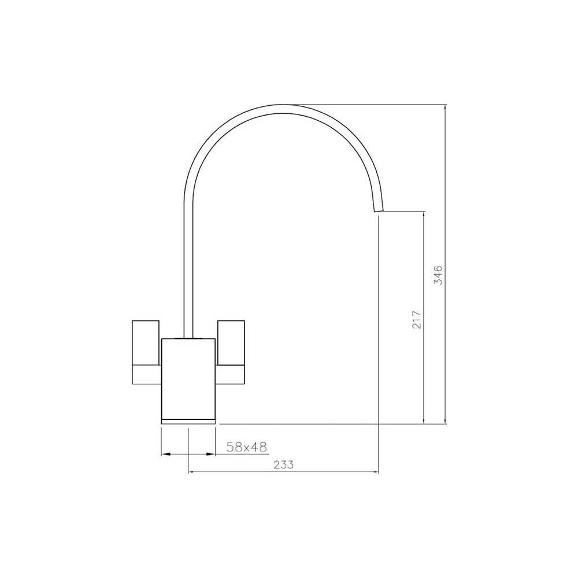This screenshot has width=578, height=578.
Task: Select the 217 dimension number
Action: pyautogui.click(x=417, y=320)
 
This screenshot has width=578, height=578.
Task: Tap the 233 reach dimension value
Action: pyautogui.click(x=284, y=464)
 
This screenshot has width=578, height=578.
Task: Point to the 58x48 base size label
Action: pyautogui.click(x=246, y=446)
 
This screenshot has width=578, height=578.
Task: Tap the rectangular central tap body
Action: pyautogui.click(x=188, y=376)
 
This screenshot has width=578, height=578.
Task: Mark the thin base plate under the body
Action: pyautogui.click(x=188, y=420)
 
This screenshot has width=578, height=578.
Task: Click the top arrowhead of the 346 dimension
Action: pyautogui.click(x=445, y=109)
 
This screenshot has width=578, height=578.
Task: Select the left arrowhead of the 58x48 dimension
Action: pyautogui.click(x=164, y=454)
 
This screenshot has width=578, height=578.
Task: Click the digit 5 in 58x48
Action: pyautogui.click(x=230, y=446)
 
